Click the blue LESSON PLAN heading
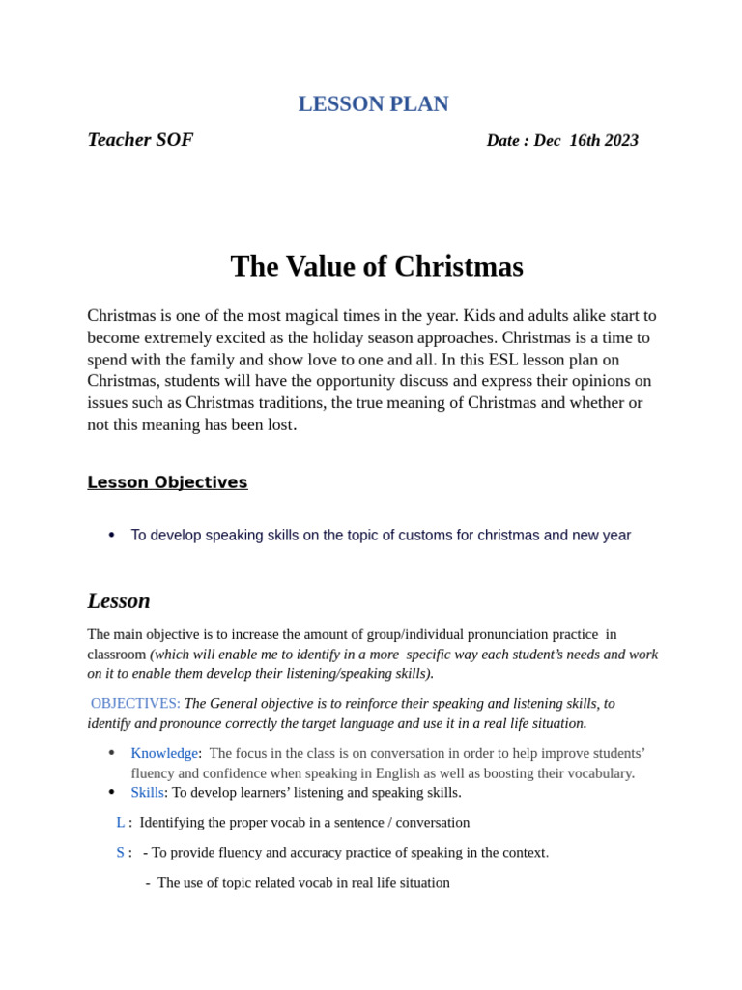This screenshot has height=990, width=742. tap(373, 104)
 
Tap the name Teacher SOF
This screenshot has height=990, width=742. tap(140, 140)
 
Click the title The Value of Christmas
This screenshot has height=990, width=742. tap(377, 267)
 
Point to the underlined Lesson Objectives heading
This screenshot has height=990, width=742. tap(167, 482)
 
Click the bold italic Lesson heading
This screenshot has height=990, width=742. tap(119, 601)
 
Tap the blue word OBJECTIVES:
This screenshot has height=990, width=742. tap(135, 704)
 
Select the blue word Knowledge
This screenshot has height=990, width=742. tap(164, 753)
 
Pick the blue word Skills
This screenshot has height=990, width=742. tap(147, 793)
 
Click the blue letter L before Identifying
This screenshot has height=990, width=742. tap(121, 823)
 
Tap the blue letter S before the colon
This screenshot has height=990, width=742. tap(121, 853)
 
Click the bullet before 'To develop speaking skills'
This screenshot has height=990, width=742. tap(112, 535)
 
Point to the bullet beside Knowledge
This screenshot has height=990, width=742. tap(112, 753)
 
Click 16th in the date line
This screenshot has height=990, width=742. tap(585, 141)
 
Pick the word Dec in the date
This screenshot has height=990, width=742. tap(547, 141)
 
